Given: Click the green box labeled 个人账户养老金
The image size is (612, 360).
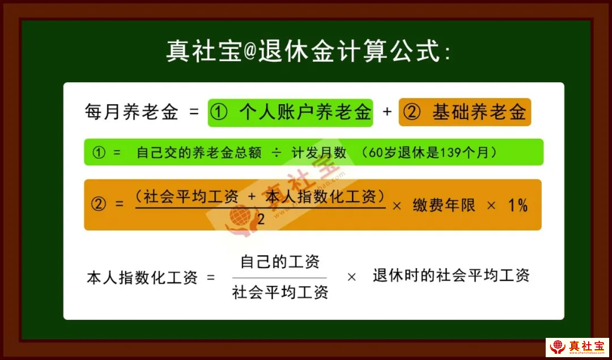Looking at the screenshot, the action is coord(290,112).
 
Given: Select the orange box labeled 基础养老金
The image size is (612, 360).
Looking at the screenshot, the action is coord(465,112).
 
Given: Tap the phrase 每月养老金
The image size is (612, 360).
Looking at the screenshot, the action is coord(131,112).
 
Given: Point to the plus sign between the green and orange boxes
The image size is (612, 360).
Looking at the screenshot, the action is coord(387,112).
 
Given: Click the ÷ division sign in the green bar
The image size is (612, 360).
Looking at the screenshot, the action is coord(276,153).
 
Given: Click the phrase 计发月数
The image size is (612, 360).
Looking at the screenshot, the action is coord(319,153).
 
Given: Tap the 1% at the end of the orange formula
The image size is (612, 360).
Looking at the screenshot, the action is coord(518,205).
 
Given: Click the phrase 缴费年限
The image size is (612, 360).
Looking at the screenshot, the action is coord(444,205).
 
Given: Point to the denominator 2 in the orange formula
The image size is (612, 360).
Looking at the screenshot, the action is coord(261,219).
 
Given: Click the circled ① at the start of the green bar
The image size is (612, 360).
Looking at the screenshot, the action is coord(99,153).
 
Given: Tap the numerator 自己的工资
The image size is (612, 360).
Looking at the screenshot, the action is coord(280,261).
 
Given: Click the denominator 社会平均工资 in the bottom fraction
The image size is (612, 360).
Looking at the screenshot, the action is coord(280,291).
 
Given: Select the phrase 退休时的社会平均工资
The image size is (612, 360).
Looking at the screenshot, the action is coord(451,276).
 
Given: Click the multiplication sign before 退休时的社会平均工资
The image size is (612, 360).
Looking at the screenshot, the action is coord(351,277).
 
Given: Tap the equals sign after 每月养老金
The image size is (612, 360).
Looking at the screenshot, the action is coord(194,112).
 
